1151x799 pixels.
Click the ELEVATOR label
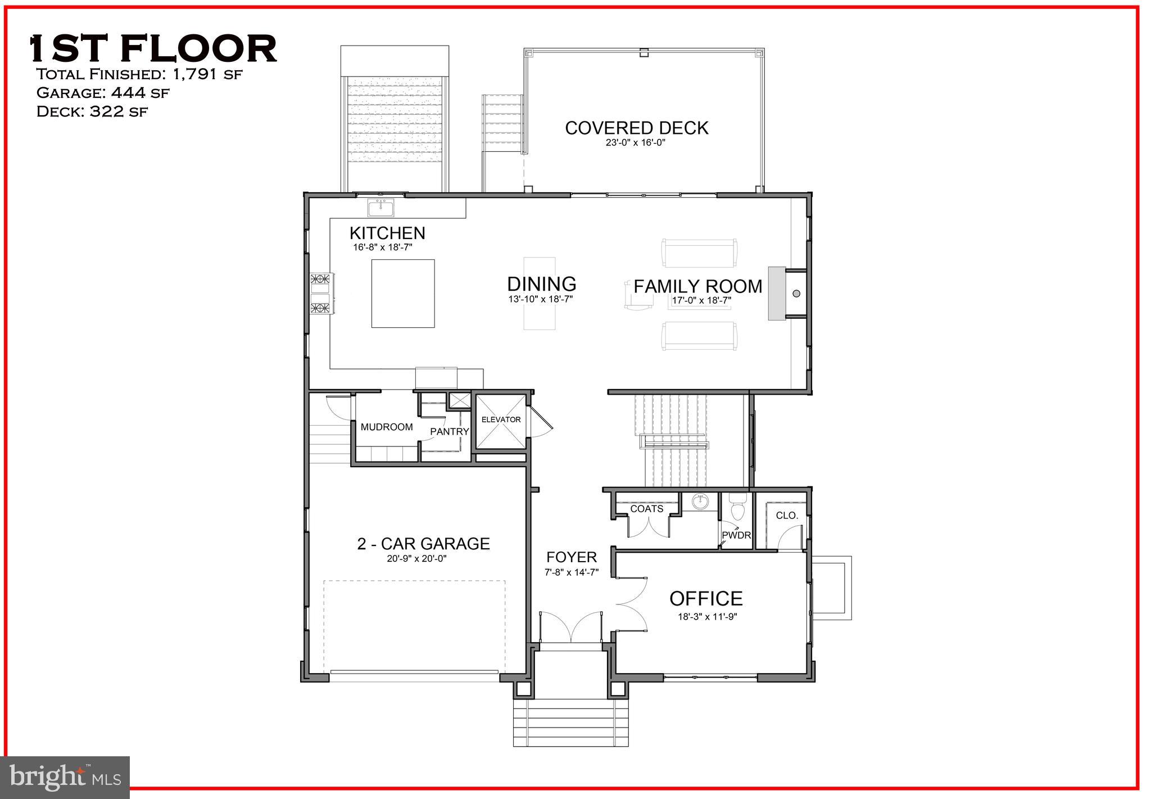501,419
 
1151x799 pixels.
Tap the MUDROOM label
387,427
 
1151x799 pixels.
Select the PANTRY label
449,431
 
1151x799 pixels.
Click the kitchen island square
403,293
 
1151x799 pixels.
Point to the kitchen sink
381,208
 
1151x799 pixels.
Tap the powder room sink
699,501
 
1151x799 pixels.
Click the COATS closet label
646,509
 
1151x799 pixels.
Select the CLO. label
787,515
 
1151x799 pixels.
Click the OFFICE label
706,598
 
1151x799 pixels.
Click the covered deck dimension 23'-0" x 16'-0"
635,143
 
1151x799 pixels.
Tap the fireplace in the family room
777,293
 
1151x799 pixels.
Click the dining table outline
540,293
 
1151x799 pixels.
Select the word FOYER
572,557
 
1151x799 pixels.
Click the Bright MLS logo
65,777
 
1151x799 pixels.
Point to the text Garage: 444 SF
102,93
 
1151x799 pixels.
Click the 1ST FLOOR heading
153,48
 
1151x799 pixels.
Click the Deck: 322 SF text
92,111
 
